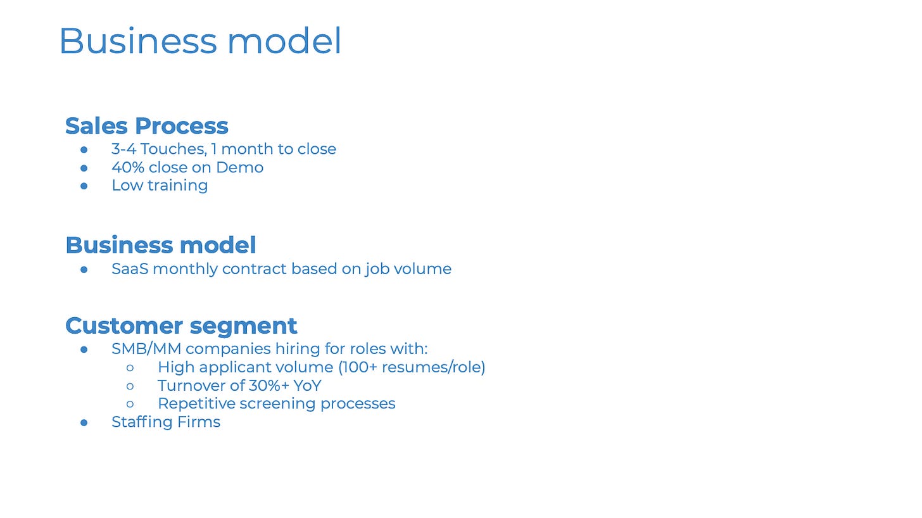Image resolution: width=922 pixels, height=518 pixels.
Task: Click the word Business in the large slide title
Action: point(138,41)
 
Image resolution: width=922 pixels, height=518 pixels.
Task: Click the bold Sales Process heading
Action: point(146,125)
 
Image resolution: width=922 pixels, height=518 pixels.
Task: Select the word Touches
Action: point(174,149)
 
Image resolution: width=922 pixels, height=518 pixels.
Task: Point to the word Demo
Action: point(239,168)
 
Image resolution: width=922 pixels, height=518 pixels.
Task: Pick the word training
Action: point(178,186)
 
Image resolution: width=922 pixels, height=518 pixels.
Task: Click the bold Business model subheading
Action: point(161,245)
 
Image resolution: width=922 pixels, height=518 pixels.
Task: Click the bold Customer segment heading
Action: point(181,326)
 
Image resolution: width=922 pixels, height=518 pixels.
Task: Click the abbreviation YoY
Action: point(307,386)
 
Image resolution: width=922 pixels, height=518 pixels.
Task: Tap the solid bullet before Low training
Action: point(84,186)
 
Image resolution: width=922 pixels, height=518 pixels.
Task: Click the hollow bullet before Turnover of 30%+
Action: point(130,386)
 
